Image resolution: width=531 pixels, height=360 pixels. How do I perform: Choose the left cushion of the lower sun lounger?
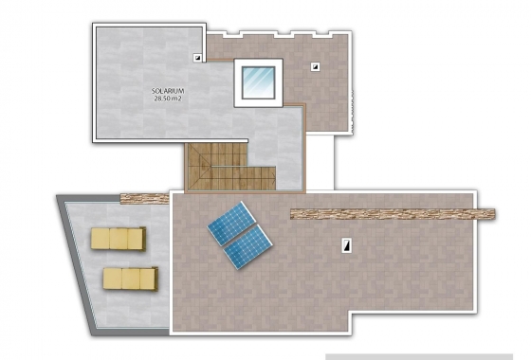111,278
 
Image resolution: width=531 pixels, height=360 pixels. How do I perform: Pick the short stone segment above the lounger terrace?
144,198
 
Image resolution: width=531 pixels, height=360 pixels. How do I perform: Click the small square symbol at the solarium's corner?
198,57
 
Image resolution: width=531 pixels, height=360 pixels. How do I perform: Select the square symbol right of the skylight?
315,66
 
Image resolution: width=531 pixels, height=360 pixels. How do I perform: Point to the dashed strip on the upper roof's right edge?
352,104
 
